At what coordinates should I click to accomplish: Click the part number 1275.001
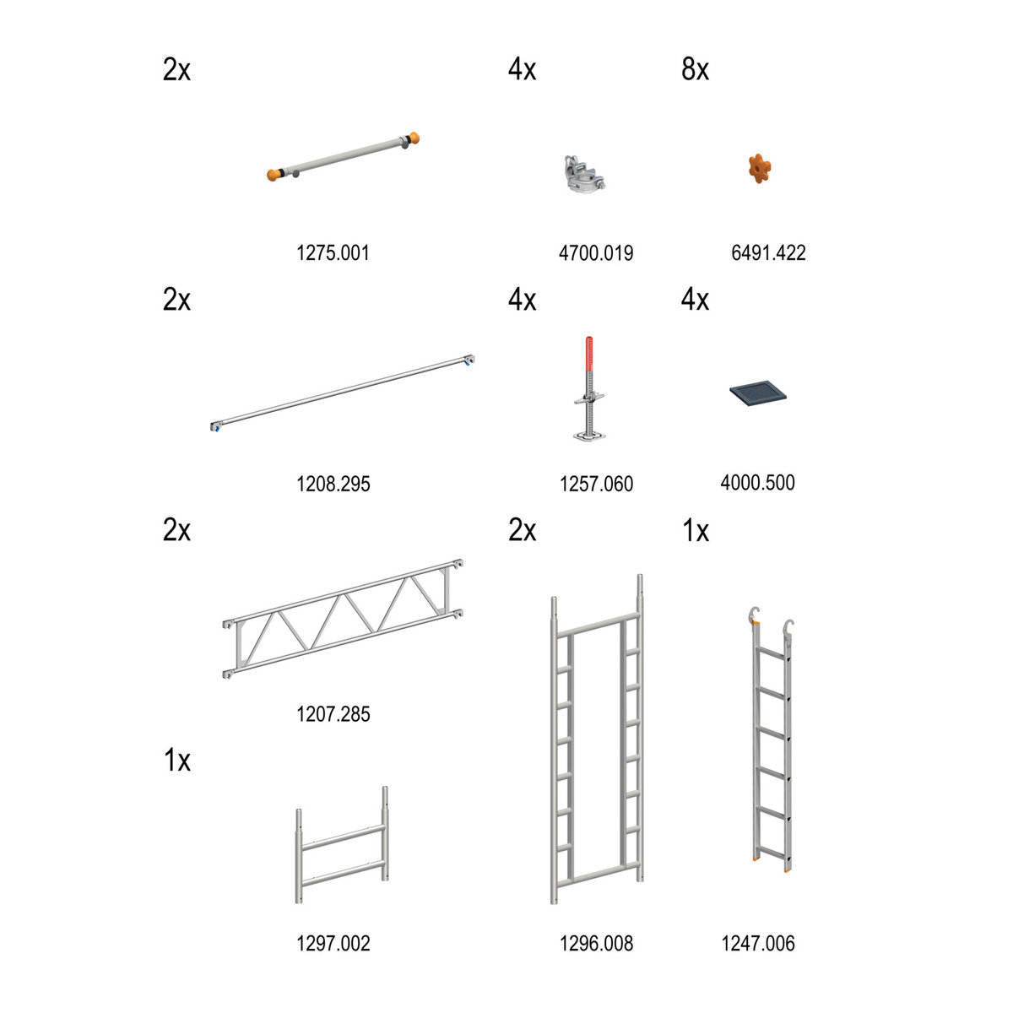coord(333,253)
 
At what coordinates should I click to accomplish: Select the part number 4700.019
coord(596,253)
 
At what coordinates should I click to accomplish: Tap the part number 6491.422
coord(768,253)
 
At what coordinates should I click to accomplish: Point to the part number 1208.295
coord(333,484)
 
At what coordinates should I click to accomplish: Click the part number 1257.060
coord(596,484)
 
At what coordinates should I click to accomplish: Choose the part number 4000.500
coord(757,482)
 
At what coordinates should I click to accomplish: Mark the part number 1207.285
coord(333,714)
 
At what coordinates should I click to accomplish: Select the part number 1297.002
coord(333,944)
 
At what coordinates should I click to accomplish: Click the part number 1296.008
coord(596,944)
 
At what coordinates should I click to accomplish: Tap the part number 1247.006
coord(757,944)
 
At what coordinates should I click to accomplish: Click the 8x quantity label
coord(695,69)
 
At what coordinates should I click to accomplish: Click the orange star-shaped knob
coord(760,168)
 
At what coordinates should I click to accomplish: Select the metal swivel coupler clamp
coord(583,172)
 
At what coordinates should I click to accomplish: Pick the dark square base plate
coord(757,393)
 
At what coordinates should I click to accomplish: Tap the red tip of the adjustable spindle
coord(589,354)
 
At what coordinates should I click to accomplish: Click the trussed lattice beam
coord(343,619)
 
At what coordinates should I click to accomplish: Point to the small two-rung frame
coord(342,845)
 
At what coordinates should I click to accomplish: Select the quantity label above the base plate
coord(695,299)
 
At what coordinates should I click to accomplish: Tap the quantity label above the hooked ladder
coord(696,530)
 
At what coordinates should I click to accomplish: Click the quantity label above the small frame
coord(177,760)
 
